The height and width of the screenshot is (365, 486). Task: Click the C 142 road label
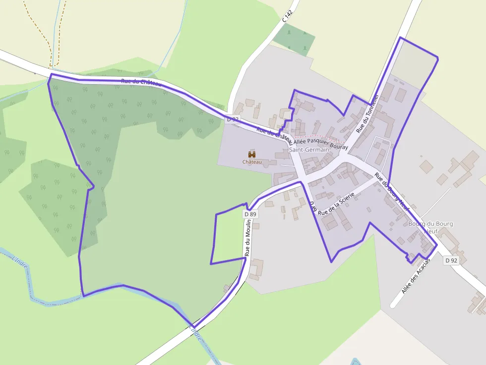point(288,16)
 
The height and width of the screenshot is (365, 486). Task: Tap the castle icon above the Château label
point(252,155)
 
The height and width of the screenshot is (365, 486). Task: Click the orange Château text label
point(252,162)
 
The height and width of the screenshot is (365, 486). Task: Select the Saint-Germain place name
point(309,150)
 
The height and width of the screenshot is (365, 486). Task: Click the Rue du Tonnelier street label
point(367,113)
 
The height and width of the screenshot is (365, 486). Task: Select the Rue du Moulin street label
point(248,238)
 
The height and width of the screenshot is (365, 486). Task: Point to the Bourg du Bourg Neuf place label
point(430,227)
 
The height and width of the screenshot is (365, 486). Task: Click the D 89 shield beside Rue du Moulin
point(250,214)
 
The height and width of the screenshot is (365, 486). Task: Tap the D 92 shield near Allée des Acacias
point(451,260)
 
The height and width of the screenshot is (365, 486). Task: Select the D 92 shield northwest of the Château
point(233,119)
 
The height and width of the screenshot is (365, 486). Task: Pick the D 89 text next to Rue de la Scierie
point(312,207)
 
